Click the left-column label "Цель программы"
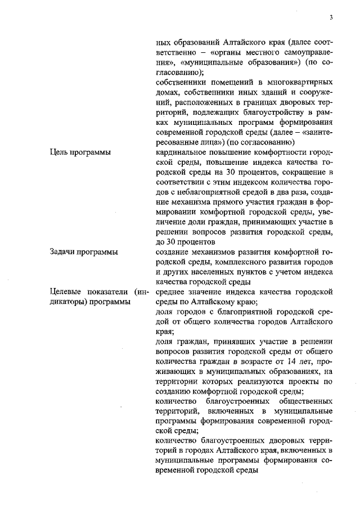[80, 152]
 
